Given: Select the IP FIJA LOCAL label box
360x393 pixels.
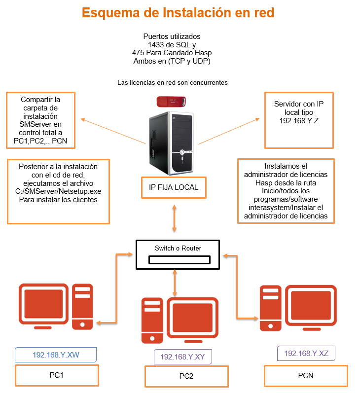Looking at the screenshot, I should coord(174,187).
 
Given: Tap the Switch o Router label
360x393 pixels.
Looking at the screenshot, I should coord(178,248).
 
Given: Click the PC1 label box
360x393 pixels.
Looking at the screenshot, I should coord(56,375).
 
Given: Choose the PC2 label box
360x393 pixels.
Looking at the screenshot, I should coord(186,377).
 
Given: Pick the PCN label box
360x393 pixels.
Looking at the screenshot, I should coord(306,375).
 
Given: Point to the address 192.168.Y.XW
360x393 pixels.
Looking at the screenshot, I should coord(56,355).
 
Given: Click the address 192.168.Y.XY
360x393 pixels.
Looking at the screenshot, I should coord(183,357).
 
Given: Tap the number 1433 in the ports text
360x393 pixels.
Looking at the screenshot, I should coord(149,44).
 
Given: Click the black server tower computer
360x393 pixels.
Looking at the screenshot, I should coord(172,143).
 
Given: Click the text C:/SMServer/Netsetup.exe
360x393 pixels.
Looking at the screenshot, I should coord(58,191).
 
